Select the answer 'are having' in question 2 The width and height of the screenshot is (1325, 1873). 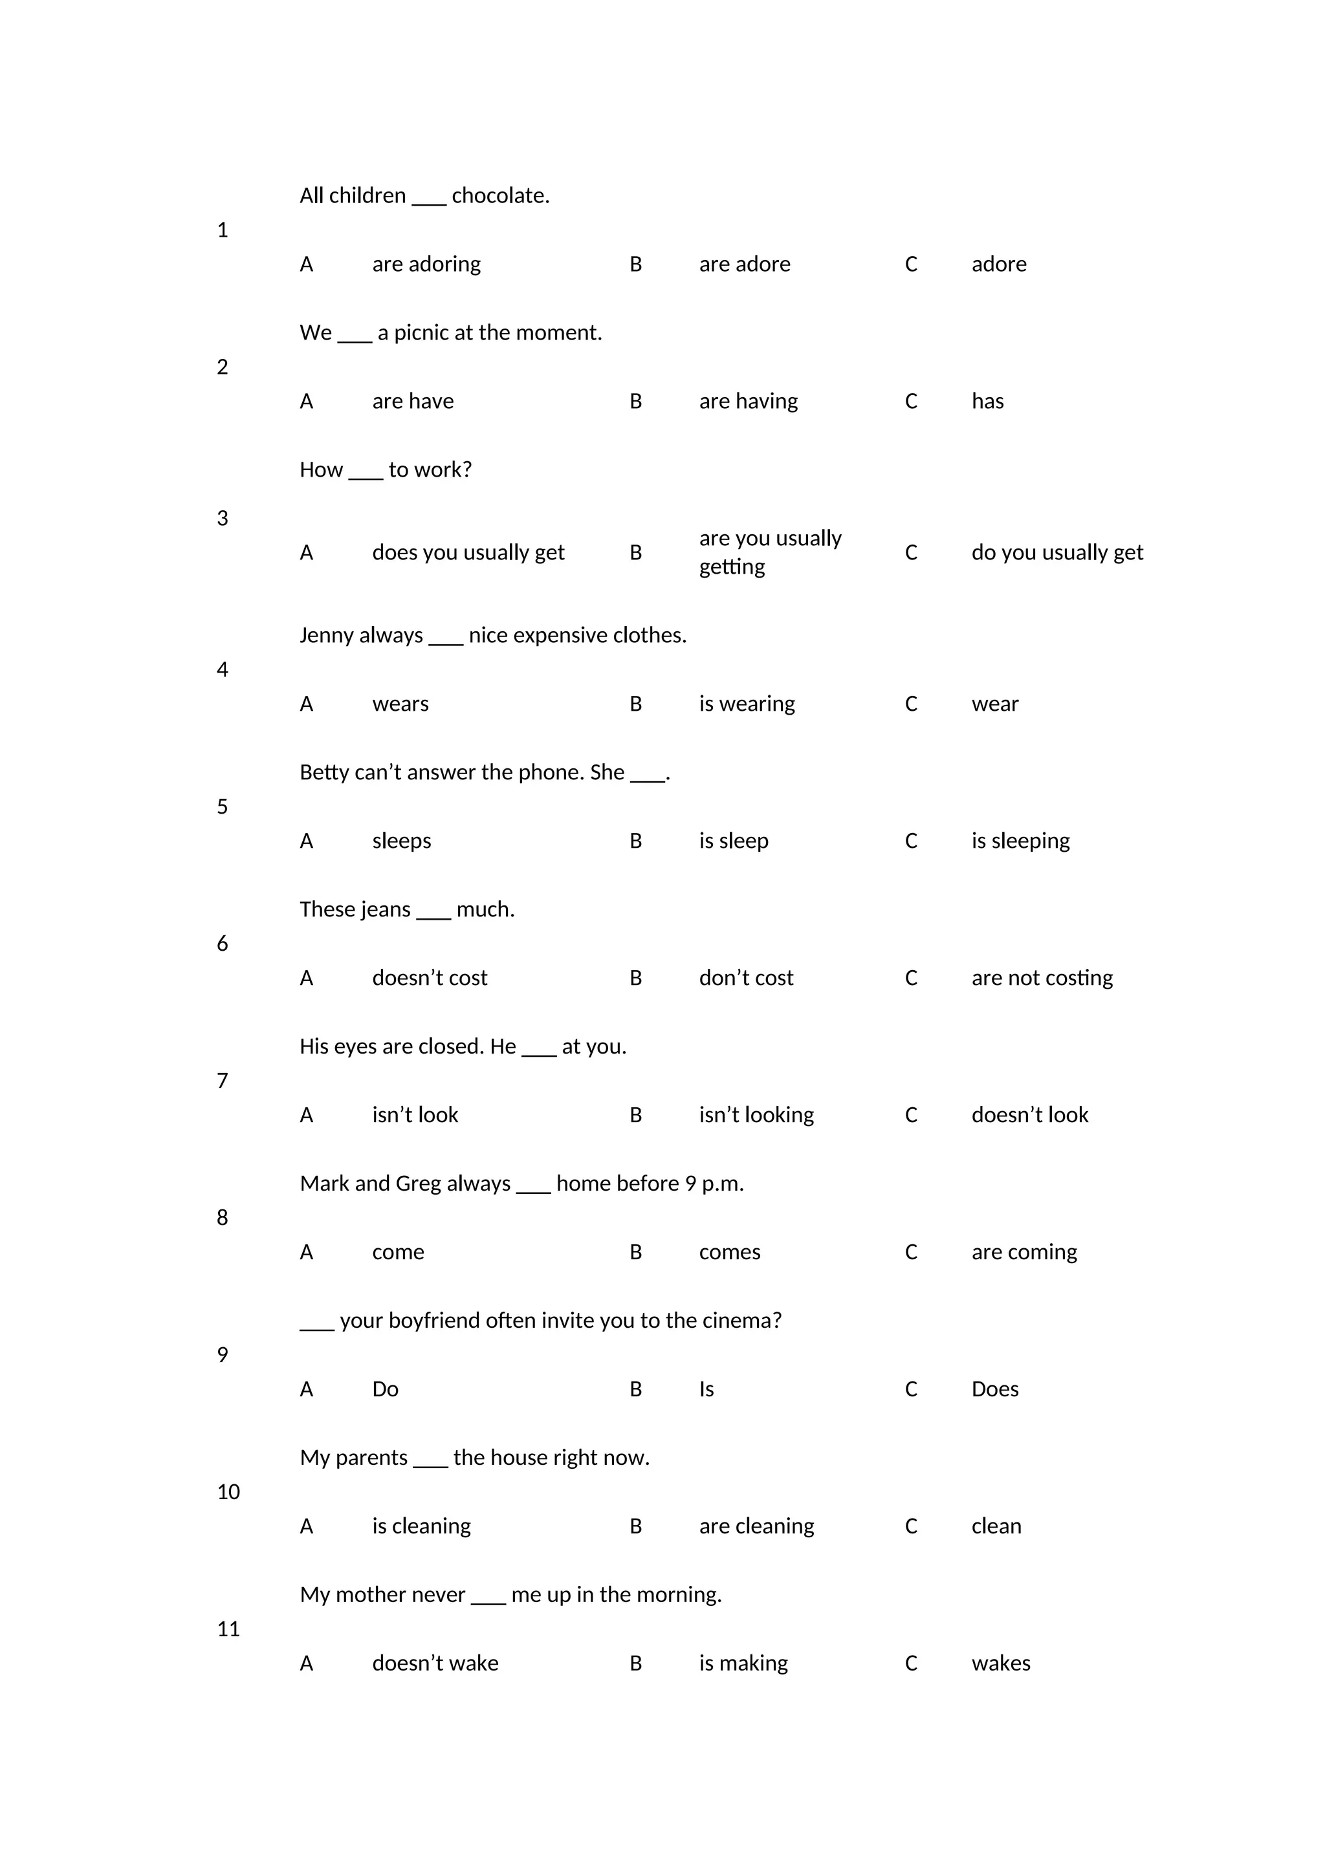pos(748,402)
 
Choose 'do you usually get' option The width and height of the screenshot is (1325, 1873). pos(1057,553)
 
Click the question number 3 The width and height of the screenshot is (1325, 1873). pos(223,519)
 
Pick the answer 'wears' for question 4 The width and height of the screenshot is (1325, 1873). pos(400,704)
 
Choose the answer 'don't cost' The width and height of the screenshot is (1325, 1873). pos(746,978)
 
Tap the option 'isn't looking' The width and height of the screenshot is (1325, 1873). pos(756,1115)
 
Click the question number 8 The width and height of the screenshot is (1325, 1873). pos(223,1218)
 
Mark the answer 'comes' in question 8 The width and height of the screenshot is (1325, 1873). pos(729,1252)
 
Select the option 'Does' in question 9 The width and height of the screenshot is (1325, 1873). pos(994,1389)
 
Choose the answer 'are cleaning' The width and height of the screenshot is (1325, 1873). pos(756,1526)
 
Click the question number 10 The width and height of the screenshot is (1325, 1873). pos(228,1492)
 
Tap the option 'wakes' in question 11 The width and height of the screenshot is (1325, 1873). pos(1000,1663)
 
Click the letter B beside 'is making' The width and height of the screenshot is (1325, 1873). pos(635,1663)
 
